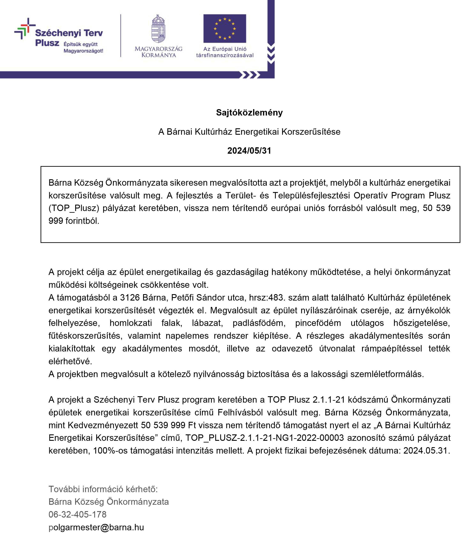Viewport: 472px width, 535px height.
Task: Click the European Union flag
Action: click(x=224, y=28)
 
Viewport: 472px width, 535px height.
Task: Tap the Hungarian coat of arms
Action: click(x=158, y=29)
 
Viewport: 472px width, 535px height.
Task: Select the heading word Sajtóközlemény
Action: click(x=249, y=113)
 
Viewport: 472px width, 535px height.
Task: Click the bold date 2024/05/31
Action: click(x=249, y=150)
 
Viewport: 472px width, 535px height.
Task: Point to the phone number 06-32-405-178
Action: click(x=77, y=514)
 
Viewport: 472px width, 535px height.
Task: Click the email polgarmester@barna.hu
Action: click(x=96, y=527)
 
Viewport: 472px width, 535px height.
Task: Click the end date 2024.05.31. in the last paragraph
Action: click(x=426, y=450)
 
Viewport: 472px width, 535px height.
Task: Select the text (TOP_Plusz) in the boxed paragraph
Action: click(x=74, y=208)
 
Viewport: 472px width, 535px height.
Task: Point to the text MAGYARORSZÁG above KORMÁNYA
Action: click(x=158, y=49)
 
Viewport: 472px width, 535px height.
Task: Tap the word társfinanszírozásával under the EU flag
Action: click(x=225, y=55)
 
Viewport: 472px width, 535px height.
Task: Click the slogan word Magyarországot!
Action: click(x=83, y=51)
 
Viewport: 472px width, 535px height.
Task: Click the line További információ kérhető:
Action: click(x=103, y=489)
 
